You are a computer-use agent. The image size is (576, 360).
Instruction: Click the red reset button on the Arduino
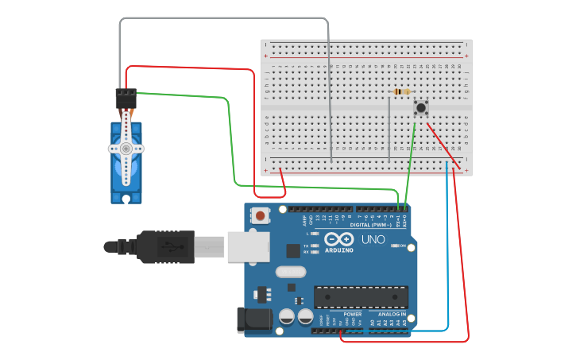[x=260, y=215]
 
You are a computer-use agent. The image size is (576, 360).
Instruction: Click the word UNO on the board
[x=373, y=239]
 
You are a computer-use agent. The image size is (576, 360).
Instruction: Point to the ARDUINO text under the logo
[x=339, y=251]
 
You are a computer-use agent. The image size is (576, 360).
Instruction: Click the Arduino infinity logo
[x=339, y=240]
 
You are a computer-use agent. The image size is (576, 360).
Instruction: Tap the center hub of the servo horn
[x=126, y=149]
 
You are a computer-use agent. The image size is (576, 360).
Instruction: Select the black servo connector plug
[x=126, y=99]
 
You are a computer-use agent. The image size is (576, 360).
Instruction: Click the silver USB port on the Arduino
[x=246, y=246]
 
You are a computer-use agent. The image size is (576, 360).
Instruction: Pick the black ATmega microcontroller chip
[x=361, y=297]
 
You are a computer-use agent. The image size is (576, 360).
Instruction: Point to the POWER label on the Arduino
[x=353, y=314]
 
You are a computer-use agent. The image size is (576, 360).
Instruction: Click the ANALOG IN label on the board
[x=391, y=314]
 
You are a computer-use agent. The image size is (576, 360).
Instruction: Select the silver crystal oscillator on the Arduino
[x=291, y=272]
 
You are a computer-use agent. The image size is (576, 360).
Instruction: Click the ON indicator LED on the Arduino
[x=395, y=246]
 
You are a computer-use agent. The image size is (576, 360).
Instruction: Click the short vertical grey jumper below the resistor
[x=389, y=127]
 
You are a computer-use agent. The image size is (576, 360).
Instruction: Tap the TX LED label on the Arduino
[x=307, y=246]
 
